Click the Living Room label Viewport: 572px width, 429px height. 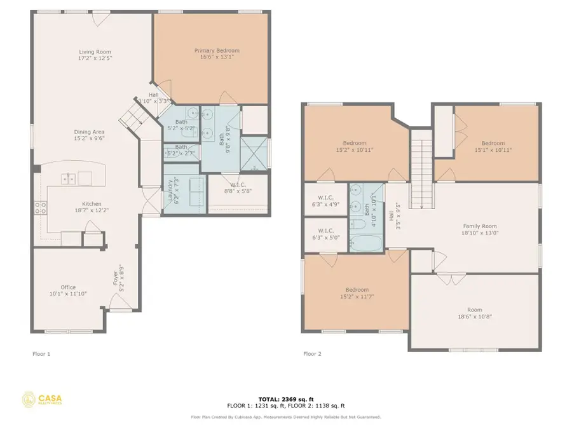tap(95, 51)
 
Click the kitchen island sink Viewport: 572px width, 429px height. tap(69, 179)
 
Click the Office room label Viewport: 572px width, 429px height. tap(68, 287)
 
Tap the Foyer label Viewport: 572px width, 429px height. tap(116, 278)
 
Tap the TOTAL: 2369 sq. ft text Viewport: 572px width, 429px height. tap(285, 398)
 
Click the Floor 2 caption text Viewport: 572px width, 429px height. tap(311, 354)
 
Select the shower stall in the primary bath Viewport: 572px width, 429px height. tap(254, 154)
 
